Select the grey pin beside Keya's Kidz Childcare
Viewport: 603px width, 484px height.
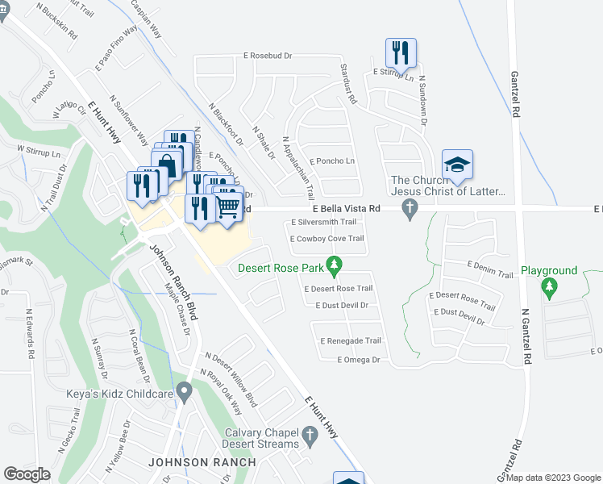click(x=185, y=393)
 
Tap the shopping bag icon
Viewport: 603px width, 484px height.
click(x=168, y=165)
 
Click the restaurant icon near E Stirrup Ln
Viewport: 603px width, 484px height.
click(x=401, y=54)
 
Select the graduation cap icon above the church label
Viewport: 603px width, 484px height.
click(x=457, y=165)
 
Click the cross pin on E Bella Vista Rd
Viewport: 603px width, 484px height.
click(x=410, y=210)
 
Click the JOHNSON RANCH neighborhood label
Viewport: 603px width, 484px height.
click(x=202, y=462)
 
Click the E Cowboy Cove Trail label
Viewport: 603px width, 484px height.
click(x=326, y=238)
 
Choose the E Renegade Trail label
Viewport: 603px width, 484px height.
click(x=351, y=341)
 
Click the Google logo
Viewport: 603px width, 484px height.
click(x=27, y=474)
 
